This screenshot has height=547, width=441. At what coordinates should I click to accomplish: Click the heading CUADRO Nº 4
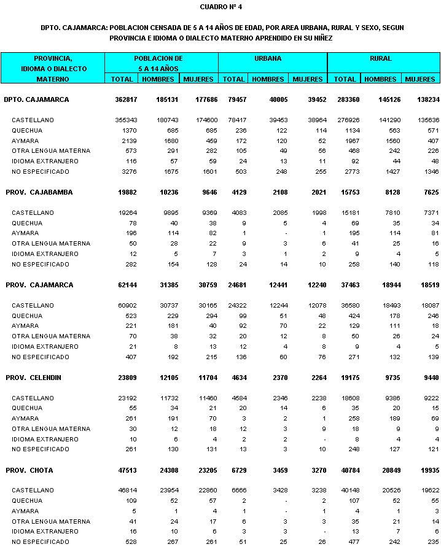[221, 7]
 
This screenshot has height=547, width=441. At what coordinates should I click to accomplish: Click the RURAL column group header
[381, 59]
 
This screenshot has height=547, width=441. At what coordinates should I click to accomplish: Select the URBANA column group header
[268, 59]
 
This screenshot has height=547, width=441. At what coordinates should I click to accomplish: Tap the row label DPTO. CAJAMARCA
[36, 99]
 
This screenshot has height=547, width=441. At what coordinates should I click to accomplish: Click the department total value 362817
[127, 99]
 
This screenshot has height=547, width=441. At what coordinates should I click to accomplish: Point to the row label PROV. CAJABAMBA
[39, 192]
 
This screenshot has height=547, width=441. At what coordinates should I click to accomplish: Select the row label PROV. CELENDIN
[38, 378]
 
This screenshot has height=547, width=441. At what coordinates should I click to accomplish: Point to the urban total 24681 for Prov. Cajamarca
[234, 285]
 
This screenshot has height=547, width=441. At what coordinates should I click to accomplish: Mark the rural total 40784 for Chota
[346, 470]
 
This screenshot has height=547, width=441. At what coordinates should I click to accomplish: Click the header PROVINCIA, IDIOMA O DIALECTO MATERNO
[53, 69]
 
